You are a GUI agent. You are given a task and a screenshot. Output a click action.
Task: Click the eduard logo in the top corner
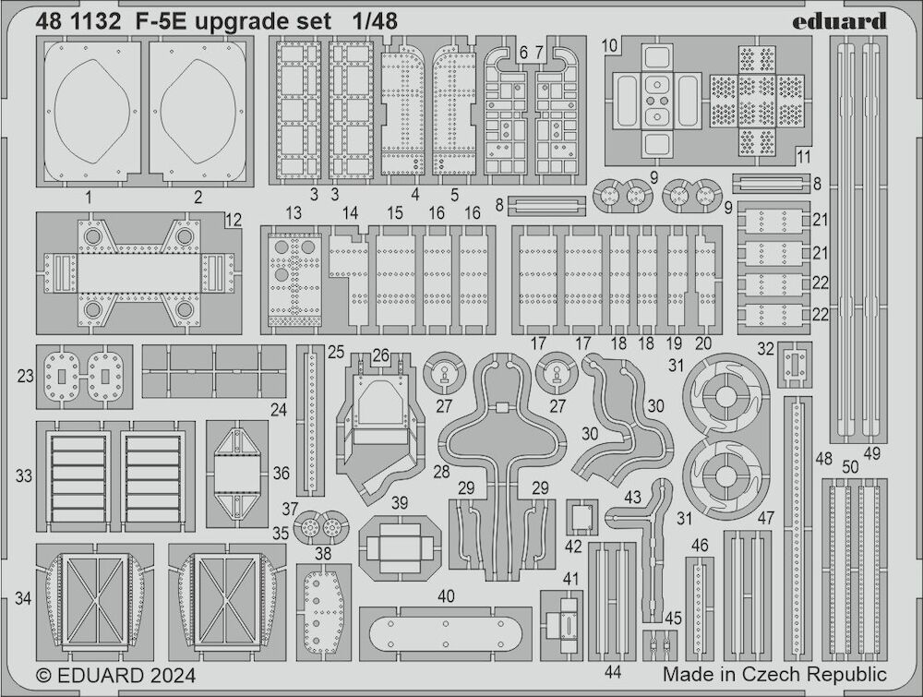click(839, 22)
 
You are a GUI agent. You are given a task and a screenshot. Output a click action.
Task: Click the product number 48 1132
click(78, 22)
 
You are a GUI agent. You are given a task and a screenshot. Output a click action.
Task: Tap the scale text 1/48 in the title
click(375, 22)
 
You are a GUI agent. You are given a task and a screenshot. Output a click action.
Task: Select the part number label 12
click(234, 220)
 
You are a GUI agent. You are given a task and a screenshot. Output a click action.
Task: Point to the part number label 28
click(441, 472)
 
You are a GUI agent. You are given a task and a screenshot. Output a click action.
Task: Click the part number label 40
click(446, 596)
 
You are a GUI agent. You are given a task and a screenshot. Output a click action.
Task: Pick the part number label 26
click(381, 355)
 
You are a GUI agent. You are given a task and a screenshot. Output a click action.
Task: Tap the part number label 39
click(400, 503)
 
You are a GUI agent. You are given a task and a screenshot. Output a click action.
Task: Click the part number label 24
click(278, 409)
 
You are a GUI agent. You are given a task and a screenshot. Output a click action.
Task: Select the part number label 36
click(281, 473)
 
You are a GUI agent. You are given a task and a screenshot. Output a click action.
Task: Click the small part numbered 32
click(795, 365)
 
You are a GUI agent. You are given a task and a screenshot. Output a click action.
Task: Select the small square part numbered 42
click(581, 518)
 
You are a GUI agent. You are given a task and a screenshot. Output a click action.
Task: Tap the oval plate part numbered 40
click(446, 633)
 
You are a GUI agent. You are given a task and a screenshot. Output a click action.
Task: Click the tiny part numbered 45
click(659, 646)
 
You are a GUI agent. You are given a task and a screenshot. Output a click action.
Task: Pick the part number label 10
click(610, 45)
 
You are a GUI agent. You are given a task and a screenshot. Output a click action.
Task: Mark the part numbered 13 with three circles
click(294, 280)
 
